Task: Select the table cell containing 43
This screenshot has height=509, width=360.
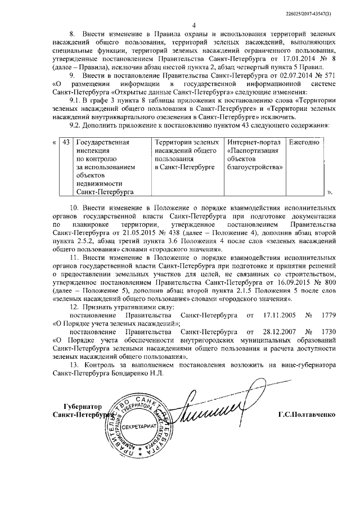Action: pos(66,143)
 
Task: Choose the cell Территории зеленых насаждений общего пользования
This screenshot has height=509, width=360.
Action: pos(187,156)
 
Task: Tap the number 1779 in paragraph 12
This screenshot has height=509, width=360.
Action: pos(326,316)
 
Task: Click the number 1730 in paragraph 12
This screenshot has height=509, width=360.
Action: pos(326,332)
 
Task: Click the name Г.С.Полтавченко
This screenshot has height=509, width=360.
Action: pos(306,414)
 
